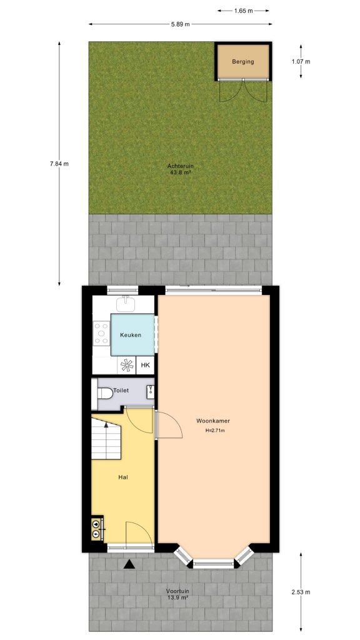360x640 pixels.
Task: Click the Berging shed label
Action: [x=243, y=62]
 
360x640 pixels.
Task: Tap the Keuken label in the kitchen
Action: [x=131, y=335]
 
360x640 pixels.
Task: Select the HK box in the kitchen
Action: [x=146, y=366]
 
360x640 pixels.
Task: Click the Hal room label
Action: [x=123, y=477]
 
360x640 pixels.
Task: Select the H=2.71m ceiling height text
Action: [x=214, y=431]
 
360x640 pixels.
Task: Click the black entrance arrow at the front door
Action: [x=129, y=564]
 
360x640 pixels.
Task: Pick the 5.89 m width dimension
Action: [x=180, y=24]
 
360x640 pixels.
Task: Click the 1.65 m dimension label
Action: [x=244, y=11]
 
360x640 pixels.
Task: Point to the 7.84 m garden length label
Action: [x=59, y=164]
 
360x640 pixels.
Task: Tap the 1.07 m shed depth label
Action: [x=301, y=61]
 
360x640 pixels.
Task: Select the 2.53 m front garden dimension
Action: [x=301, y=592]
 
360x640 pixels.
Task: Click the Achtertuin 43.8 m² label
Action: [x=179, y=169]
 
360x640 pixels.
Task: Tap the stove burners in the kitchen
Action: [x=101, y=333]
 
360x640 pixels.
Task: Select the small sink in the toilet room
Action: [x=150, y=392]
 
